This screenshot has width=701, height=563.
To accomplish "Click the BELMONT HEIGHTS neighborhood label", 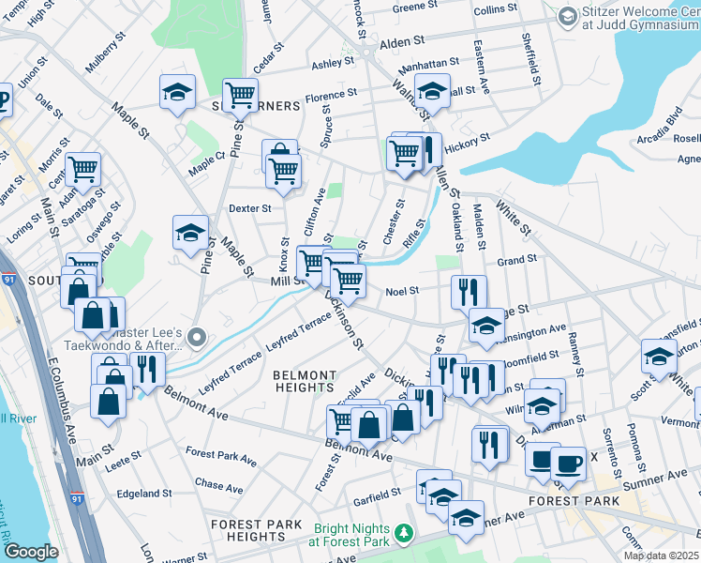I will coord(304,380).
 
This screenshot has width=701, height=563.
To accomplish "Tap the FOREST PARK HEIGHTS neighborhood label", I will coord(256,530).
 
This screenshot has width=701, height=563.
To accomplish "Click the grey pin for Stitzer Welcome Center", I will coord(568,17).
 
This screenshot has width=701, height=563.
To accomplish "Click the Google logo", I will coord(31,552).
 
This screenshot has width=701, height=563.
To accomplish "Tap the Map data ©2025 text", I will coord(661,555).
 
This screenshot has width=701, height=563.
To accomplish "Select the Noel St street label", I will coord(401,291).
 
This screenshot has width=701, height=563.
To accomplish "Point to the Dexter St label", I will coord(249,208).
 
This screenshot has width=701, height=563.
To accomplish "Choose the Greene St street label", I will coord(410,8).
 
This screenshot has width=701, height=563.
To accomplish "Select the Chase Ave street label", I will coord(218,488).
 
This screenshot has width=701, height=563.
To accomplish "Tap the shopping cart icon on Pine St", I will coord(241,94).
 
